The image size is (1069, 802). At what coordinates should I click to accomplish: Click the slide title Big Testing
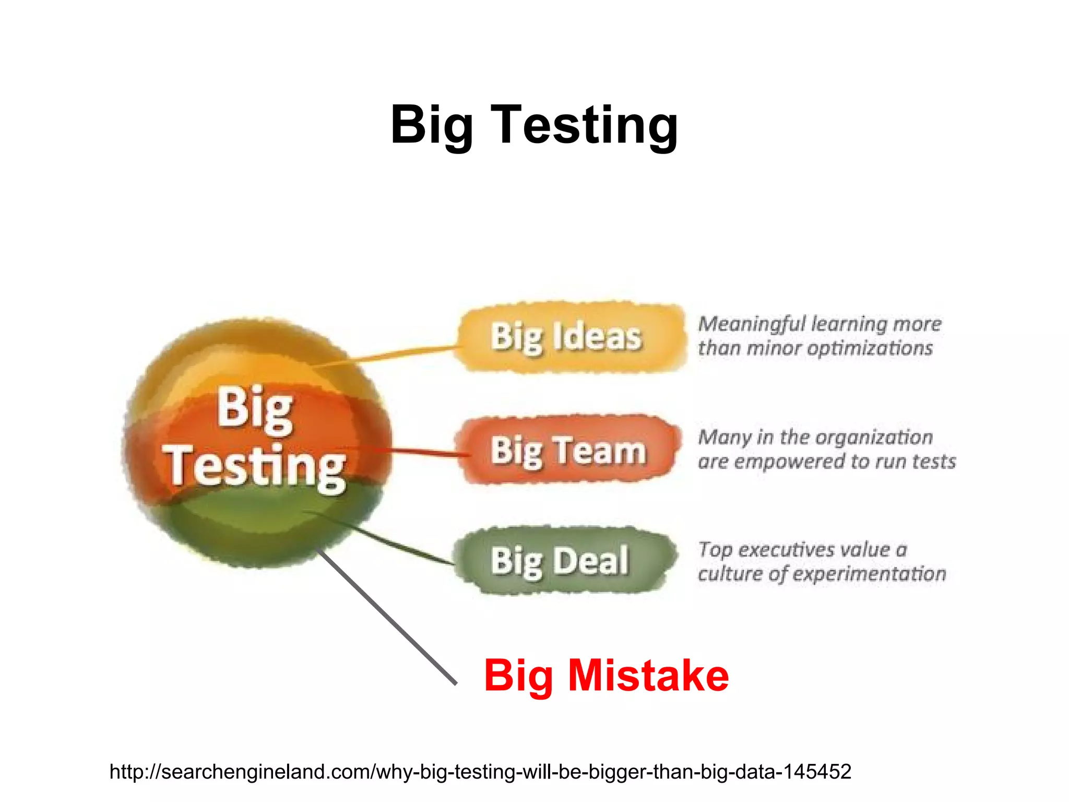[534, 125]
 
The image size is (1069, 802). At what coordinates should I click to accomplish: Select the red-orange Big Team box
[568, 450]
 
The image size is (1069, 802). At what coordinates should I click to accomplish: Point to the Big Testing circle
[256, 444]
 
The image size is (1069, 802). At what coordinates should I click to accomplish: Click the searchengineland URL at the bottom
[480, 771]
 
